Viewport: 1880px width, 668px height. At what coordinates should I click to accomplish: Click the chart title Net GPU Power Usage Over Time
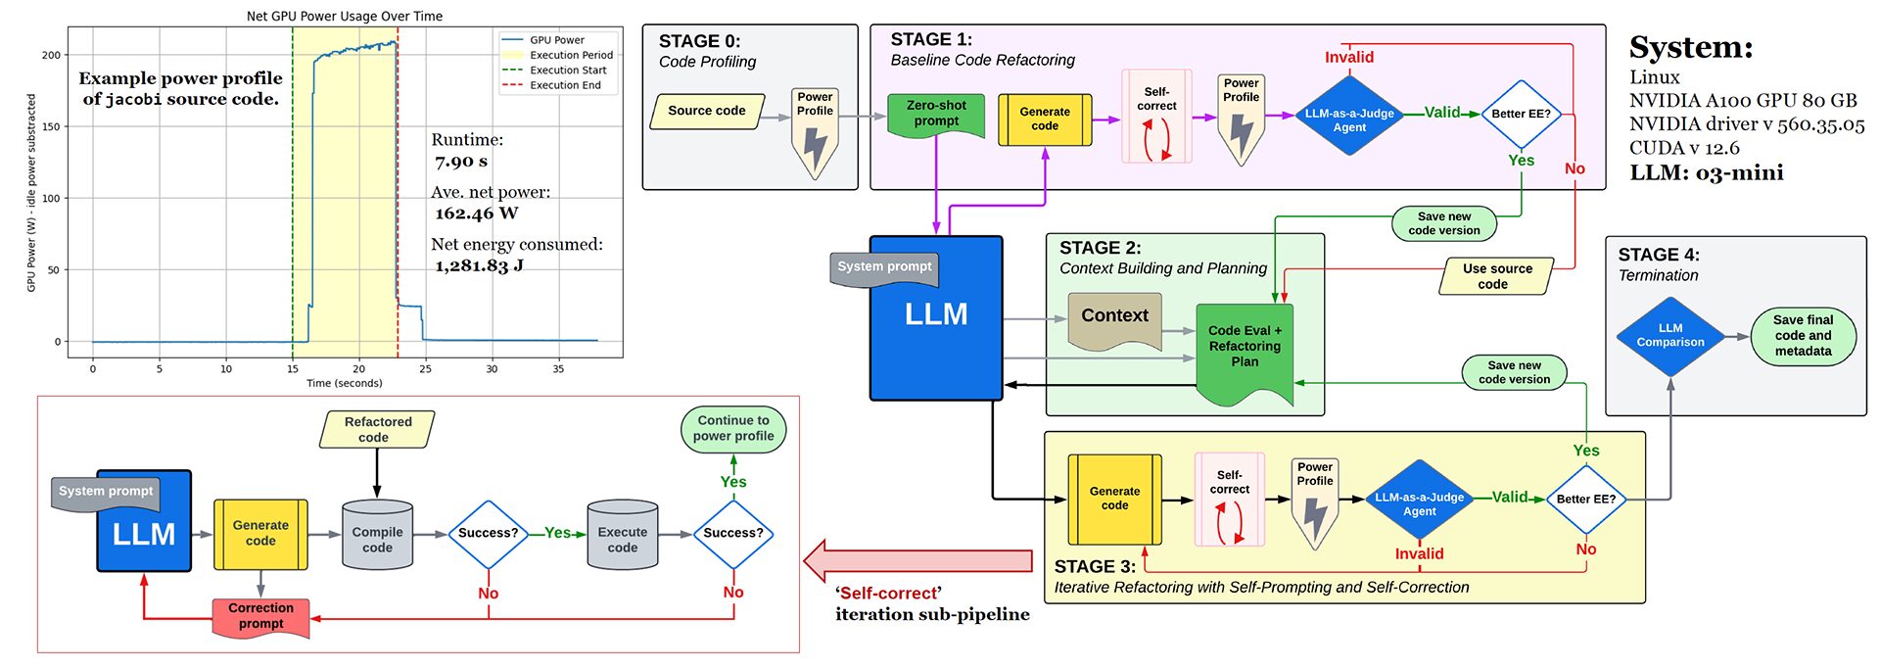click(x=344, y=16)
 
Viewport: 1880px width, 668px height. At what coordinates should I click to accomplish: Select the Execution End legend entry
click(x=565, y=85)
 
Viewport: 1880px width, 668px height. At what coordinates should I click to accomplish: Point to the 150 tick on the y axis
click(x=50, y=126)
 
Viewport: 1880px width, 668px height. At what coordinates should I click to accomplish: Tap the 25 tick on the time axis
click(x=425, y=369)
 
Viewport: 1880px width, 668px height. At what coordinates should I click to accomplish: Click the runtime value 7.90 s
click(x=461, y=162)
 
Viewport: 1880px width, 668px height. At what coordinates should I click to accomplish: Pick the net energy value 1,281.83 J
click(x=479, y=265)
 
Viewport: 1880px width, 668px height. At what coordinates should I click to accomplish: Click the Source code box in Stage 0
click(x=706, y=111)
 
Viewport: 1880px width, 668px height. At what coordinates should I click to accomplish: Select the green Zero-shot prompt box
click(x=936, y=114)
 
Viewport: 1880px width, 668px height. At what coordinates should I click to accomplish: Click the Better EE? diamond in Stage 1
click(x=1521, y=114)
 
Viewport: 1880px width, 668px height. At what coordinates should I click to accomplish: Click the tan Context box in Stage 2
click(x=1114, y=316)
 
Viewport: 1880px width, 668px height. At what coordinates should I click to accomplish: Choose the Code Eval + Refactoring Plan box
click(x=1245, y=348)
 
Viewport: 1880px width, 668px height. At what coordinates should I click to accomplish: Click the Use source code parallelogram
click(x=1496, y=276)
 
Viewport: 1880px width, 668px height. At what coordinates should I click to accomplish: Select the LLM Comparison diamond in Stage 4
click(x=1669, y=336)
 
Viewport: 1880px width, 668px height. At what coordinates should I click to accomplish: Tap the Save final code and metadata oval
click(x=1802, y=336)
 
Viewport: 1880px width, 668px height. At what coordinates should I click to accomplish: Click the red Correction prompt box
click(x=260, y=616)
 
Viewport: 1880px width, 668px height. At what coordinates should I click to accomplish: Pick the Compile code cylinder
click(x=377, y=537)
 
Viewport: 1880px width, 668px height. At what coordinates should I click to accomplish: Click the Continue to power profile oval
click(x=733, y=429)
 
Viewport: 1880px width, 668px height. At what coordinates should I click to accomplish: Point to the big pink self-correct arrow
click(x=917, y=560)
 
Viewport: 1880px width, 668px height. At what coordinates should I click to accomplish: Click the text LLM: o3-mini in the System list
click(x=1706, y=173)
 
